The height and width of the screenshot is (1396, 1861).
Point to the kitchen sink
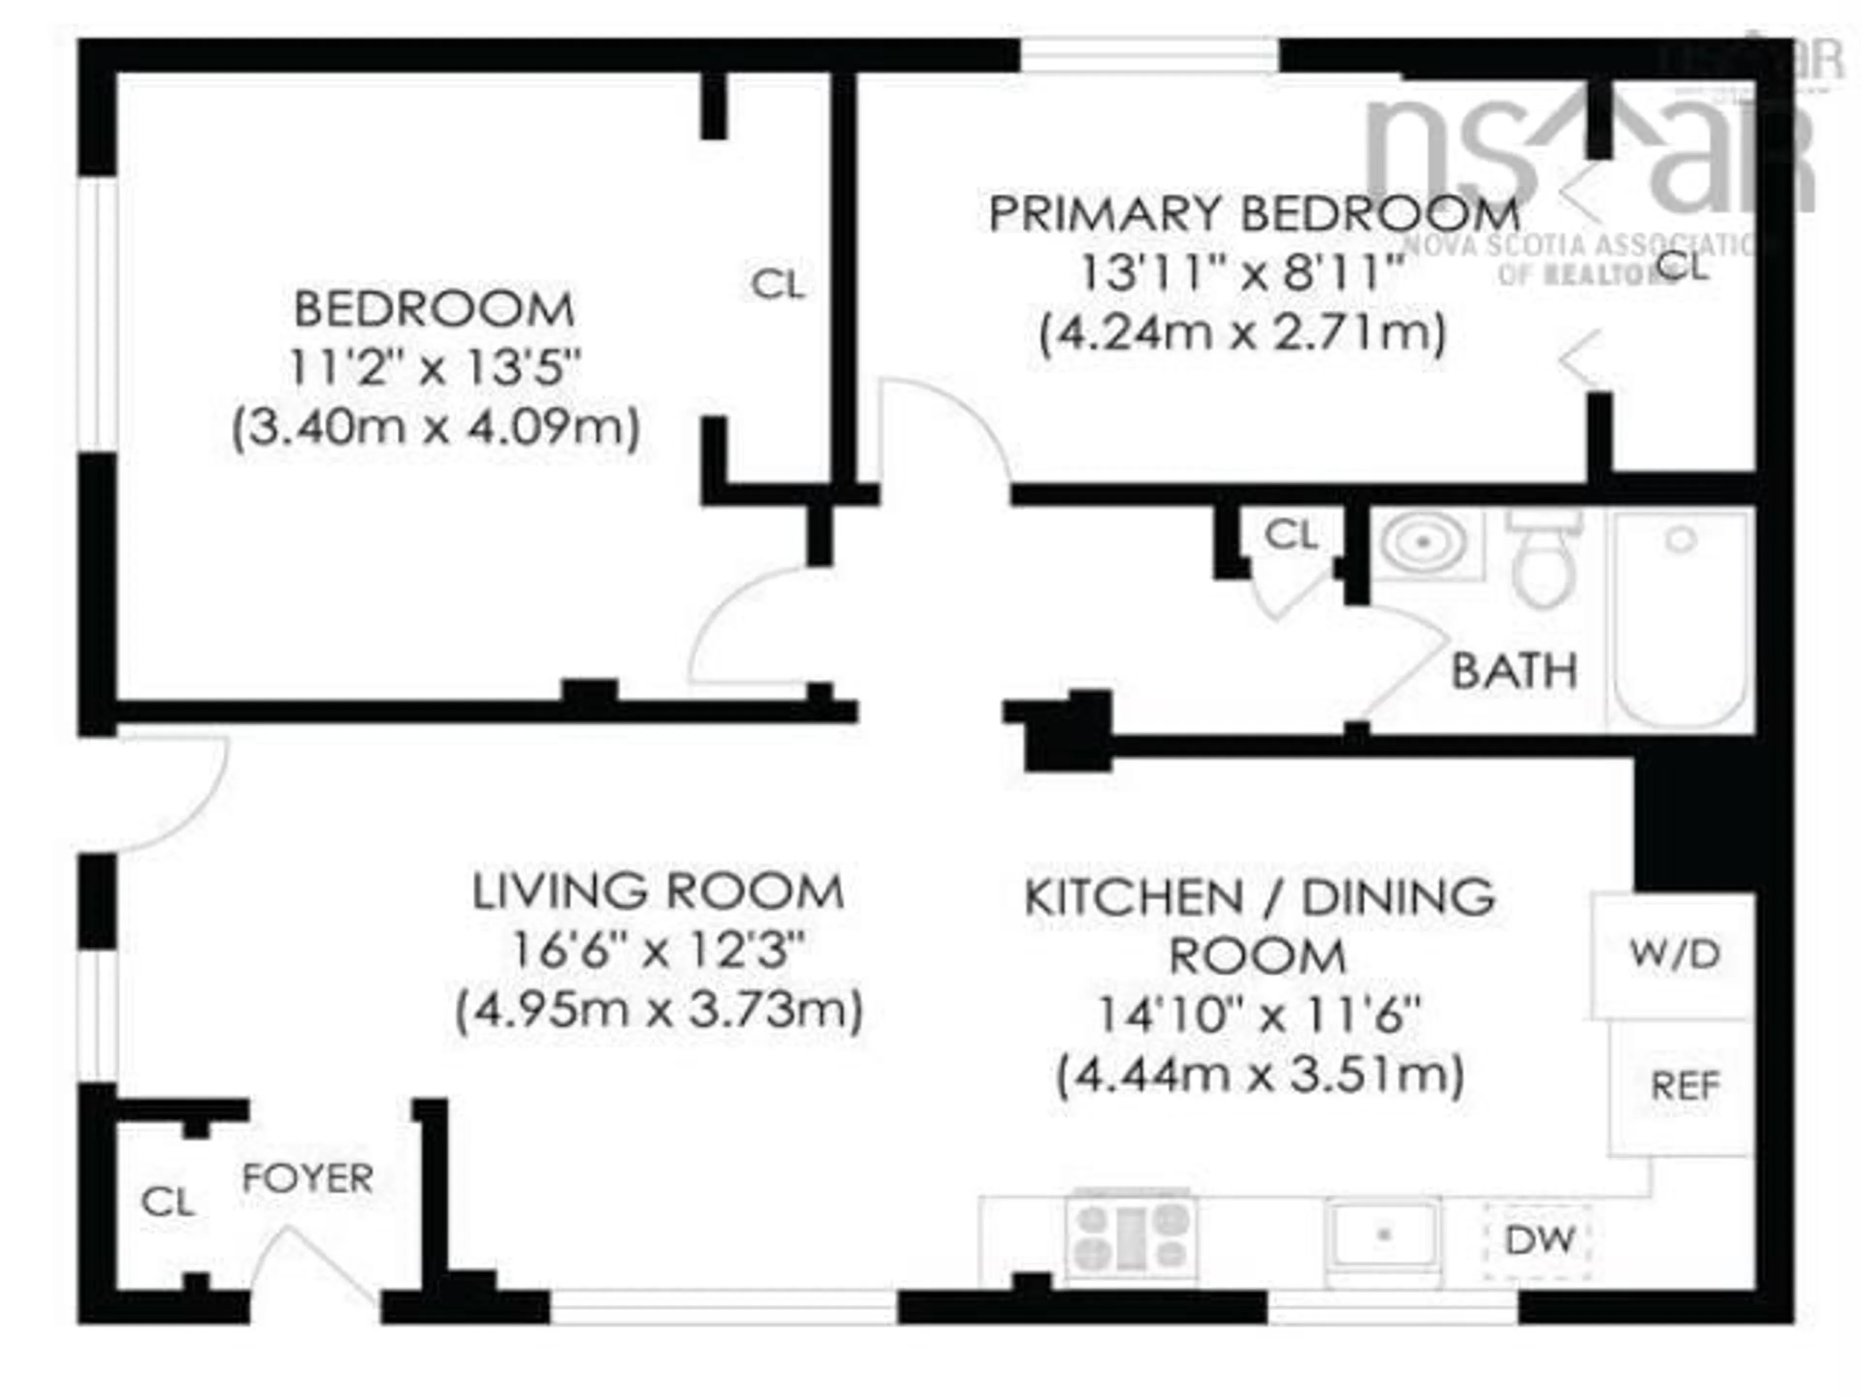1383,1235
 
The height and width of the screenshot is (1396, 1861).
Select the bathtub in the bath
1681,619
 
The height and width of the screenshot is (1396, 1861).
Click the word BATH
1514,671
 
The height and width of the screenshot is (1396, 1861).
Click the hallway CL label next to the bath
1291,534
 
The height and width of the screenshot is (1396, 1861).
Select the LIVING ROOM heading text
658,892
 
